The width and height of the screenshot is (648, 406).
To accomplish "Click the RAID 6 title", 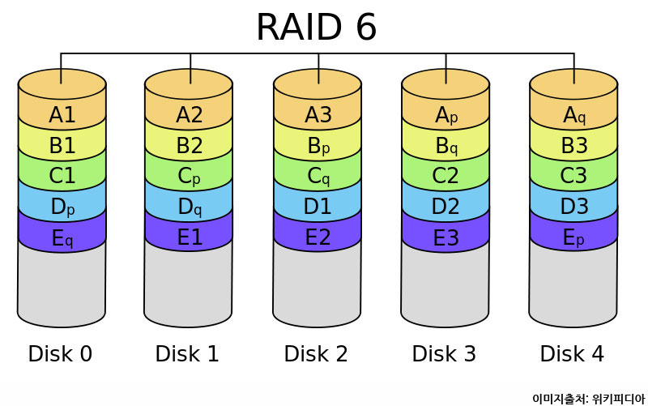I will (316, 28).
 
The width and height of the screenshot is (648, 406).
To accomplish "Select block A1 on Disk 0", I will (62, 114).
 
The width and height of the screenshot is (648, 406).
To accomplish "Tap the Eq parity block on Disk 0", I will (62, 237).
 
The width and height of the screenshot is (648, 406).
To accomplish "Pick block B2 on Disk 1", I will (190, 145).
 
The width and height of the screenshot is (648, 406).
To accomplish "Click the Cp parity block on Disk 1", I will (190, 176).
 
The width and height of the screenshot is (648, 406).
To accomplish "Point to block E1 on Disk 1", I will (190, 237).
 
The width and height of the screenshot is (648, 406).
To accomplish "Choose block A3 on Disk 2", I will (318, 114).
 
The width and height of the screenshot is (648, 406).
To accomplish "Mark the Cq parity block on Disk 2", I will (318, 176).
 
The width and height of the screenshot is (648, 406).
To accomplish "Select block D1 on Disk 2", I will (318, 207).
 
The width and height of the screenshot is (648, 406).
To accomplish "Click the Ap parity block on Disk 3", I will (446, 114).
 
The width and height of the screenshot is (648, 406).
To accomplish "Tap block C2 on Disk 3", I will (446, 176).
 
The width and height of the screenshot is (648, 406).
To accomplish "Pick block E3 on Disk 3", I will (446, 237).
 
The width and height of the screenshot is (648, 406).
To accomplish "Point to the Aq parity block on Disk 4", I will (574, 114).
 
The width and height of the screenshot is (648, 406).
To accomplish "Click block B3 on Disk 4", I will (574, 145).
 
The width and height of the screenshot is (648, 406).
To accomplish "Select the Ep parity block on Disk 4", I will (574, 237).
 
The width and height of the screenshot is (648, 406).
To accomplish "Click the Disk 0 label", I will (60, 354).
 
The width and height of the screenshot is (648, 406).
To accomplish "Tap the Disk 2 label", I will (316, 354).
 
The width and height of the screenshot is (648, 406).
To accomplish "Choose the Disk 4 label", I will (572, 354).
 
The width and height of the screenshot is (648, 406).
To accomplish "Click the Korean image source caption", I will (587, 398).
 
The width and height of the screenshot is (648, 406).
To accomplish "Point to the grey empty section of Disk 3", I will (446, 284).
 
